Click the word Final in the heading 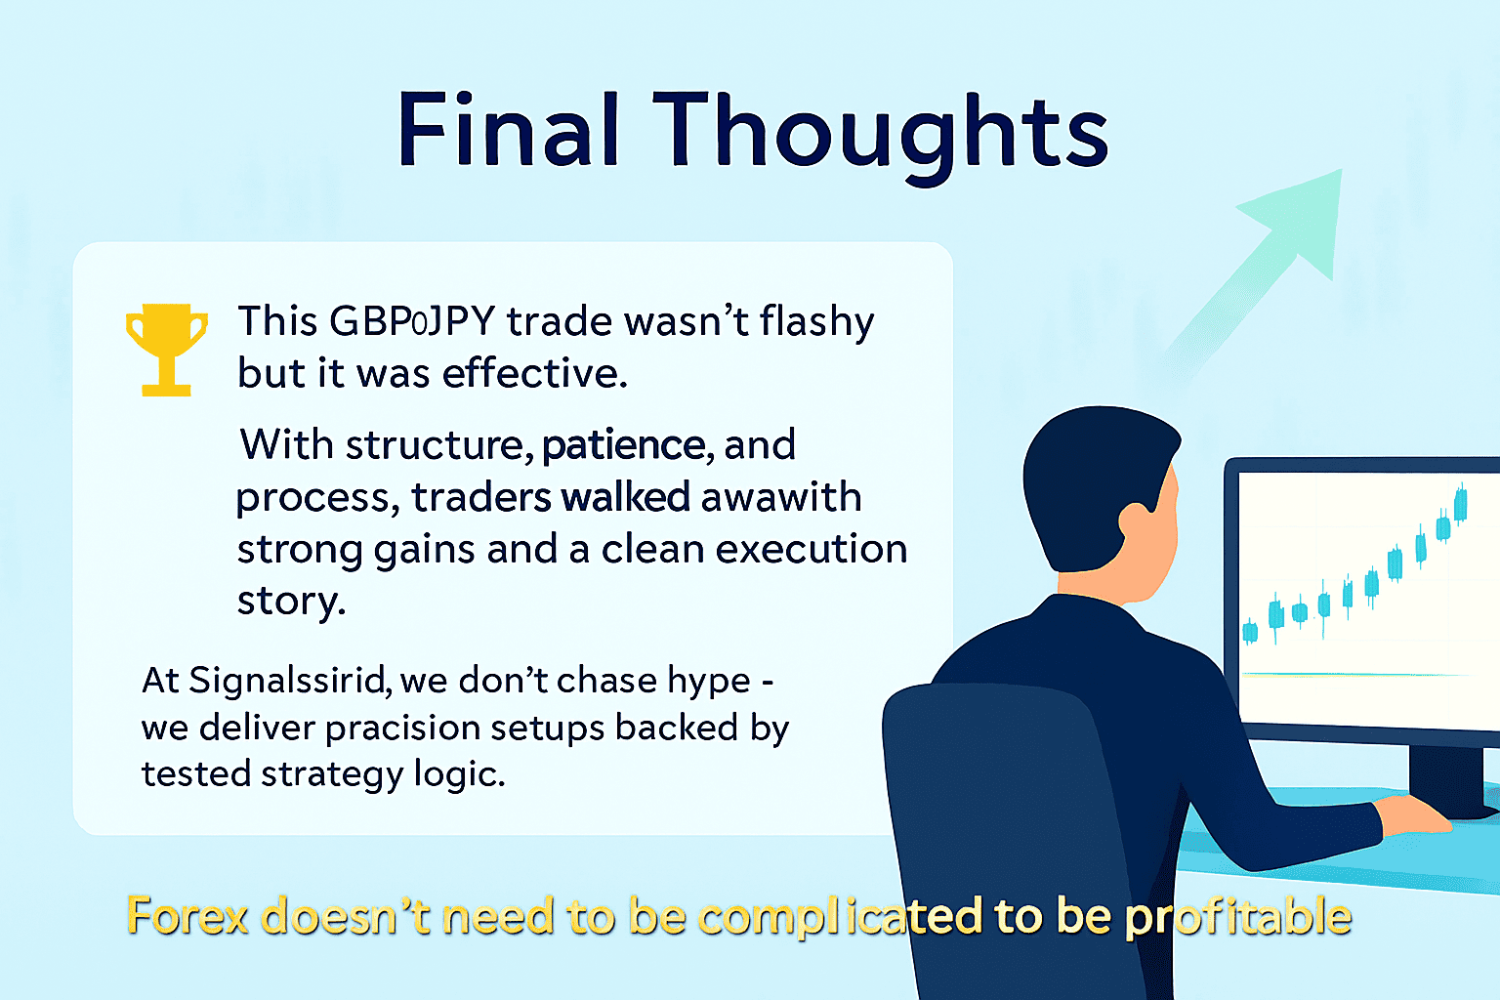coord(508,129)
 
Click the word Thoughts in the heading coord(881,138)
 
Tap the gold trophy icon coord(167,350)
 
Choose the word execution coord(812,549)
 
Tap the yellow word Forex coord(188,916)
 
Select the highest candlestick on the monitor coord(1461,504)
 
